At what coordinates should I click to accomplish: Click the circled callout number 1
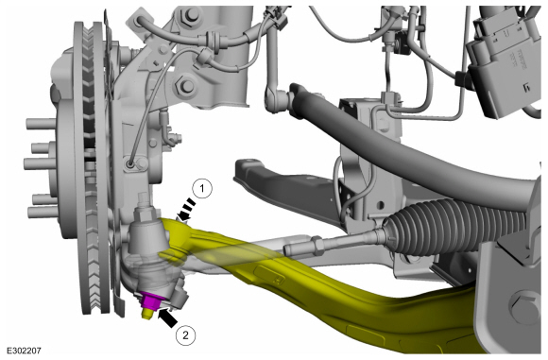click(x=202, y=189)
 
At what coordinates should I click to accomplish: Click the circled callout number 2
click(x=185, y=335)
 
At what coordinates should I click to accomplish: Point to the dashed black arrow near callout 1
click(x=186, y=210)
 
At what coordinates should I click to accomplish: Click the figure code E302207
click(x=25, y=351)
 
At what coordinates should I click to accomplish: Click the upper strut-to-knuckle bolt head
click(x=188, y=15)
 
